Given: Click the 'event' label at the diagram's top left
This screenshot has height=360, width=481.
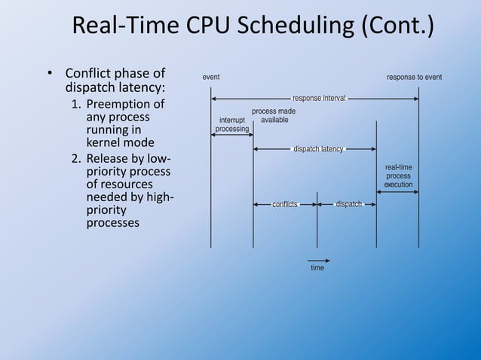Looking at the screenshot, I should tap(211, 78).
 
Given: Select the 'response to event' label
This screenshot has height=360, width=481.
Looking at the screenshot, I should tap(414, 78).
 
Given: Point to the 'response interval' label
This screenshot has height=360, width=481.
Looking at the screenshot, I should tap(319, 98).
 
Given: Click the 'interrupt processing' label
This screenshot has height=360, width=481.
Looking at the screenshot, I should tap(232, 124).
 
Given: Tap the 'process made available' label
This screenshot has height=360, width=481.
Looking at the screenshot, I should tap(273, 115).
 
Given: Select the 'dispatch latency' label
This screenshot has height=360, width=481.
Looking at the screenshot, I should tap(318, 148).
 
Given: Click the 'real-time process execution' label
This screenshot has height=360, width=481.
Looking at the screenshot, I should tap(398, 175).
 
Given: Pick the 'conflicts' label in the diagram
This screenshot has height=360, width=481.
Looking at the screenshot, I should tap(285, 204).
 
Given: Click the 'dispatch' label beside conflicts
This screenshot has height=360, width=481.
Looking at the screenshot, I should tap(348, 204).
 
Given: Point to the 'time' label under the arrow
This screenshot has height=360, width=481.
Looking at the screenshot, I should tap(317, 268).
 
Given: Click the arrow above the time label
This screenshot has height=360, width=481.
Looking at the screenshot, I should tap(317, 260).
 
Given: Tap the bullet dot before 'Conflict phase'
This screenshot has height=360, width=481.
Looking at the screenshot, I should tap(50, 75).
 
